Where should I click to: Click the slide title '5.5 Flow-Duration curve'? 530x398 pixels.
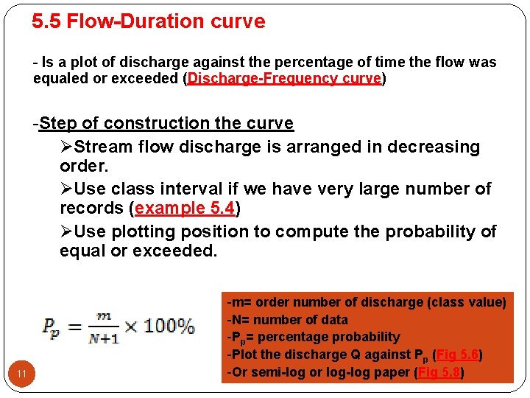pyautogui.click(x=148, y=21)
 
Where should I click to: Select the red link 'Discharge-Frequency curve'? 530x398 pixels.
pyautogui.click(x=284, y=78)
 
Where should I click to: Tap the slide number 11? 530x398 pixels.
pyautogui.click(x=22, y=374)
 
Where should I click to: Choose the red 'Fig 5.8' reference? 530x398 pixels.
pyautogui.click(x=440, y=372)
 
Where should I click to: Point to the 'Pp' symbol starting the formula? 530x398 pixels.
pyautogui.click(x=51, y=327)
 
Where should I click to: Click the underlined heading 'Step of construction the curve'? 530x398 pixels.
pyautogui.click(x=166, y=123)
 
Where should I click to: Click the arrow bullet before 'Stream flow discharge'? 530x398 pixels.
pyautogui.click(x=67, y=147)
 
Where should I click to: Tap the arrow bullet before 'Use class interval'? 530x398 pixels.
pyautogui.click(x=67, y=189)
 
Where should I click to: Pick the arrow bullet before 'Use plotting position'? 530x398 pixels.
pyautogui.click(x=67, y=231)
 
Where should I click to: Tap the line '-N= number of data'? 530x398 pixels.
pyautogui.click(x=288, y=320)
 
